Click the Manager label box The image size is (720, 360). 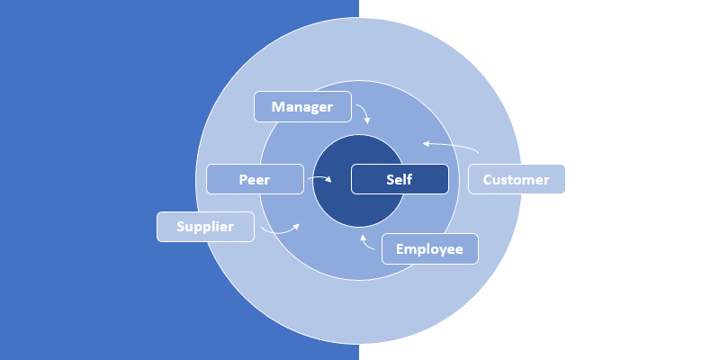(x=302, y=107)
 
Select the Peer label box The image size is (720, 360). (x=255, y=179)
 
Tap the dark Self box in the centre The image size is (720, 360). (x=399, y=179)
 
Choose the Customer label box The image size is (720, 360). (x=516, y=179)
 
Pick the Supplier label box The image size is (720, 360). (x=205, y=227)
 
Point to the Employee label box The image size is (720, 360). (x=429, y=249)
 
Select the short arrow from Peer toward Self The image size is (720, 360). (x=319, y=179)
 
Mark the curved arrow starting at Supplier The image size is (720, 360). (x=281, y=231)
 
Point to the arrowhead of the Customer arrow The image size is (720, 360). (x=426, y=142)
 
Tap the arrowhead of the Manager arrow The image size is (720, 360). (x=366, y=121)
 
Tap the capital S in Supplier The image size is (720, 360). (x=180, y=227)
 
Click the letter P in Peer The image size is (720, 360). (x=243, y=179)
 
